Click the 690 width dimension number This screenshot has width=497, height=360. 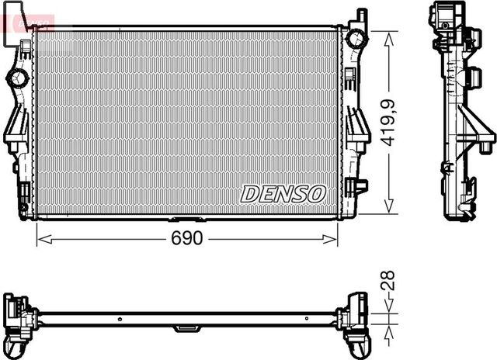pos(187,239)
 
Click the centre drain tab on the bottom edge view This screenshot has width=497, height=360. pos(185,327)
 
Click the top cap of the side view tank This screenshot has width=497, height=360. pos(447,14)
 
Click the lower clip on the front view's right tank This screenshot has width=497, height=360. pos(359,186)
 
